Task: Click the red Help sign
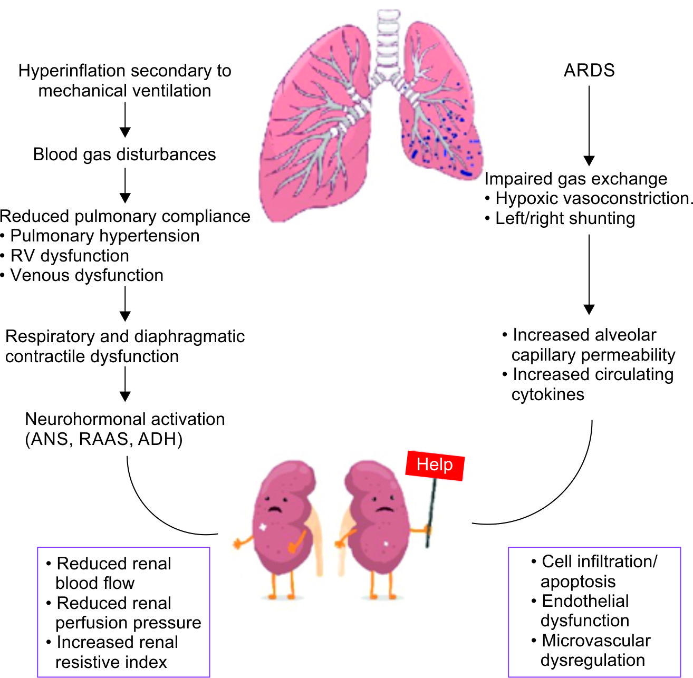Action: (x=435, y=465)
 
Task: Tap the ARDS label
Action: (x=589, y=70)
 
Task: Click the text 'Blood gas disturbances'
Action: (x=124, y=154)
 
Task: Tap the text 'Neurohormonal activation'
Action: (x=125, y=419)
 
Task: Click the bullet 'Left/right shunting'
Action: (x=565, y=218)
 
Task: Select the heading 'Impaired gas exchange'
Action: (x=575, y=179)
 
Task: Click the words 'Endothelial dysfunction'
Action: (x=585, y=611)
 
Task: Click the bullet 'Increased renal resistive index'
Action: (x=116, y=652)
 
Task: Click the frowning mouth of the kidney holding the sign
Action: (x=384, y=509)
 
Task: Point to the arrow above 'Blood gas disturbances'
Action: (x=125, y=120)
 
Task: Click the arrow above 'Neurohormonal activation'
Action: (x=125, y=384)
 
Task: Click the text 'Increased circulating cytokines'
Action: (x=591, y=384)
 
